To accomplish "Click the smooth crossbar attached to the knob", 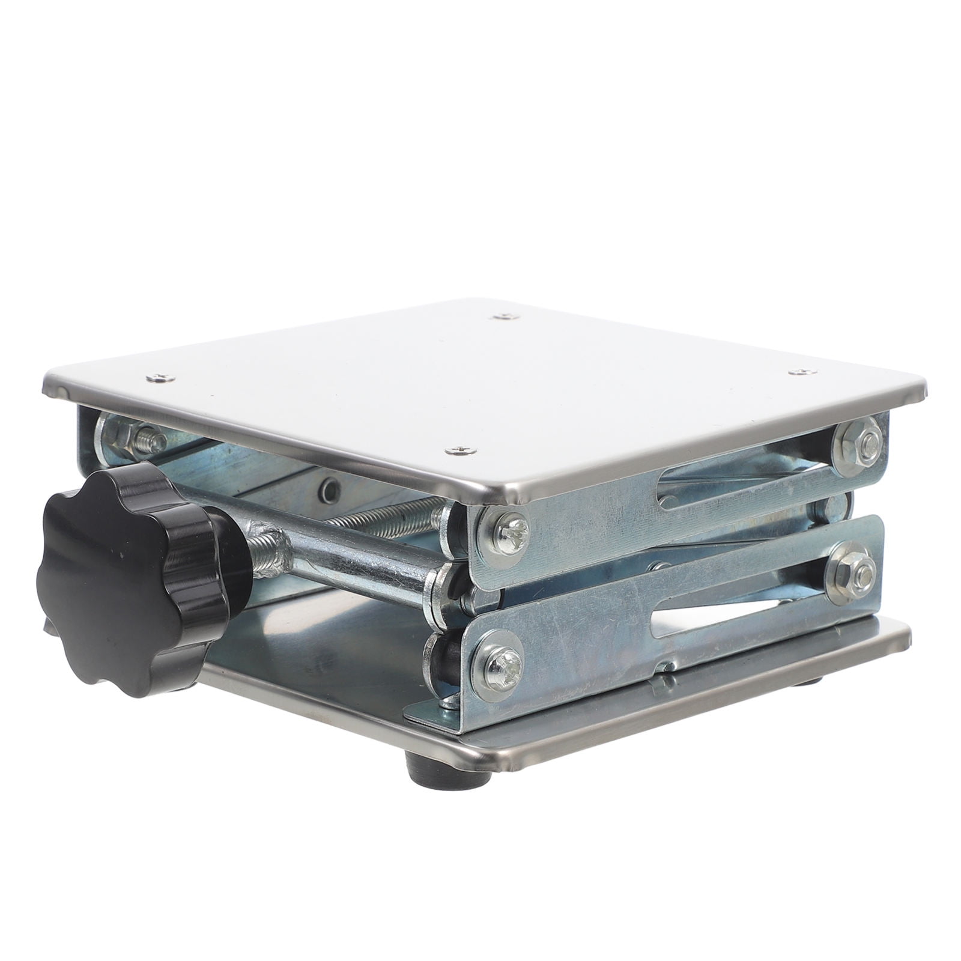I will tap(354, 559).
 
